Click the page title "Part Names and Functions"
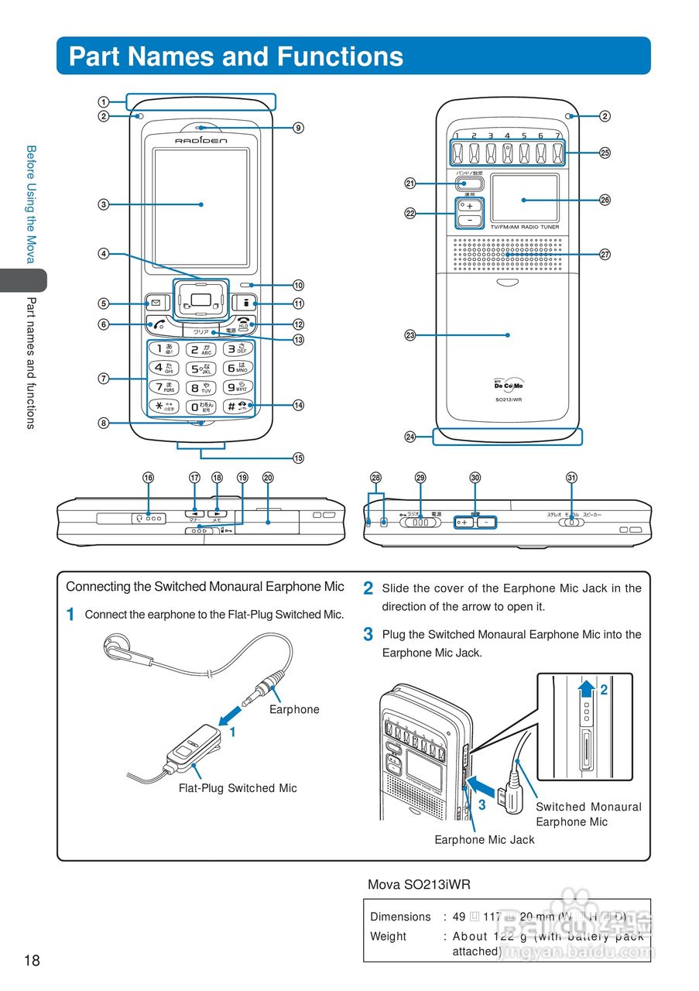point(236,57)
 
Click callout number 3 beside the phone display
point(103,204)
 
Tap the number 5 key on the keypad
point(200,368)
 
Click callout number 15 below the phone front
point(298,458)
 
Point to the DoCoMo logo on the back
point(508,385)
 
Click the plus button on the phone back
point(470,206)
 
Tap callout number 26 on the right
point(605,200)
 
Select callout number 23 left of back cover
point(410,335)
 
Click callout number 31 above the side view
point(571,478)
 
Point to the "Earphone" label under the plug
point(294,709)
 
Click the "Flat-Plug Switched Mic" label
point(238,788)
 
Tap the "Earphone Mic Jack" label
point(485,839)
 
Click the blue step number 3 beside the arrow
point(481,804)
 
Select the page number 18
point(32,961)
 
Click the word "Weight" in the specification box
point(388,936)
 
